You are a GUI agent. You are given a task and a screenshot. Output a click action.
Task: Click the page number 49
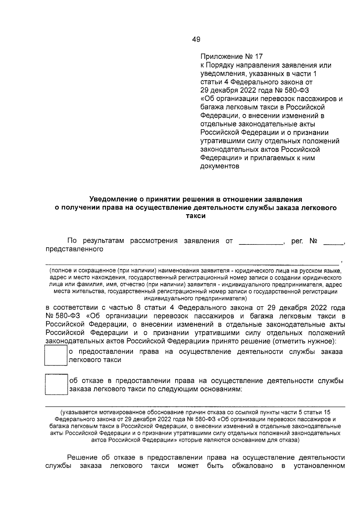[x=196, y=39]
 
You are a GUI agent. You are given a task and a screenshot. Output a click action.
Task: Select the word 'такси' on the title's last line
[x=196, y=216]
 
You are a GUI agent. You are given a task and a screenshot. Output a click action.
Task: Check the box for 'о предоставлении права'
[x=55, y=355]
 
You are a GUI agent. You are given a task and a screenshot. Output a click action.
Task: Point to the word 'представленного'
[x=74, y=249]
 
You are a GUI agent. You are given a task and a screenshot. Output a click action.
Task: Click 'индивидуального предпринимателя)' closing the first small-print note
[x=195, y=298]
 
